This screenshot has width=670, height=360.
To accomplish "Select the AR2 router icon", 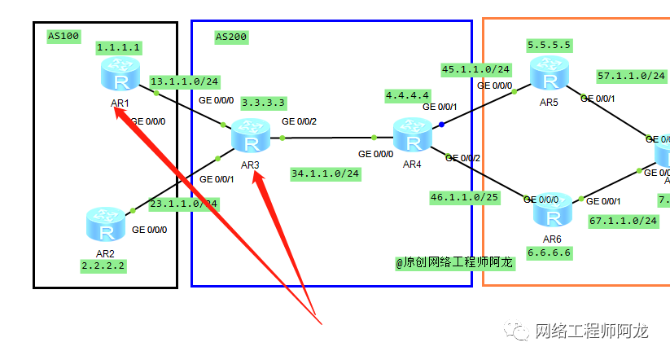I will click(x=106, y=226).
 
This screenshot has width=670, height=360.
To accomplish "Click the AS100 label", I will click(x=63, y=36).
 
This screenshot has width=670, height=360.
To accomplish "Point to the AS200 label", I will click(x=231, y=37).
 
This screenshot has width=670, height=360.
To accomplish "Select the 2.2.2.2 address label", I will click(x=104, y=266).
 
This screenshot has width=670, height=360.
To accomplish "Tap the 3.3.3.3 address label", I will click(x=263, y=103).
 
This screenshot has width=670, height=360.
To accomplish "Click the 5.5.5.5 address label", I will click(x=549, y=45).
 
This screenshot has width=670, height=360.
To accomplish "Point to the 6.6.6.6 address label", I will click(x=550, y=252).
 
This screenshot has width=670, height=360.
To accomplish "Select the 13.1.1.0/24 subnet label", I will click(x=184, y=81).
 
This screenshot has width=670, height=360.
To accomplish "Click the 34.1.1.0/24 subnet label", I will click(x=326, y=173).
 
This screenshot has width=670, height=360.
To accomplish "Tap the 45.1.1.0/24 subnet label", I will click(x=475, y=69).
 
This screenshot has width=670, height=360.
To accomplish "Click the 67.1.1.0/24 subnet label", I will click(x=624, y=221).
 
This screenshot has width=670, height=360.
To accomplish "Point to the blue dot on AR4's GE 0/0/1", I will click(x=441, y=125).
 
